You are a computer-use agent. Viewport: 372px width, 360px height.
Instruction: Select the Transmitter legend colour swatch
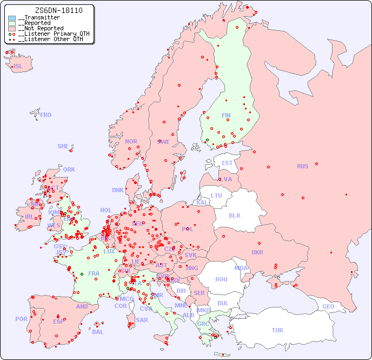click(x=12, y=18)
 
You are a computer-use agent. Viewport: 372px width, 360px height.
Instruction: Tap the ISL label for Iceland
click(x=18, y=67)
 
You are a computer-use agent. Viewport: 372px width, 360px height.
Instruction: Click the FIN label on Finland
click(x=226, y=115)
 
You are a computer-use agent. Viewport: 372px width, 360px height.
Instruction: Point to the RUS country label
click(x=302, y=166)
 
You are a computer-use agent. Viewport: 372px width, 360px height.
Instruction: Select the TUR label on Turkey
click(x=277, y=330)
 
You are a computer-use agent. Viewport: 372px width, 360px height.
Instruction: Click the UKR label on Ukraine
click(x=257, y=252)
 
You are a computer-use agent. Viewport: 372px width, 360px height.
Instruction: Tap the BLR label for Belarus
click(x=234, y=215)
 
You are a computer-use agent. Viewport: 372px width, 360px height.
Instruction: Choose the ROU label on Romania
click(x=221, y=279)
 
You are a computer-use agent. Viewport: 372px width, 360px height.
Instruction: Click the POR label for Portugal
click(x=21, y=319)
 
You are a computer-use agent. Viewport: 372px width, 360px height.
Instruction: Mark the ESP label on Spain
click(x=58, y=322)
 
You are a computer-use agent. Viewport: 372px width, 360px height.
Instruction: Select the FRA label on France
click(x=94, y=273)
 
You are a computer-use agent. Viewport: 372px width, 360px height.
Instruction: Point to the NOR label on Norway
click(x=131, y=141)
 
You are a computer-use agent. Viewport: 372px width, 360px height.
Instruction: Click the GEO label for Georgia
click(x=328, y=306)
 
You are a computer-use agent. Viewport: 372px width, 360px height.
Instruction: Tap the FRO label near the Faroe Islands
click(x=46, y=115)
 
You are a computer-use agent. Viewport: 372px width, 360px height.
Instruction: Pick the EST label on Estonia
click(x=227, y=163)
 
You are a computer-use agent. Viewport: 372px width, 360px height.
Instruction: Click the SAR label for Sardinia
click(x=142, y=320)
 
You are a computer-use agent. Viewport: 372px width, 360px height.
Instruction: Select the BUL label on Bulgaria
click(x=223, y=303)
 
